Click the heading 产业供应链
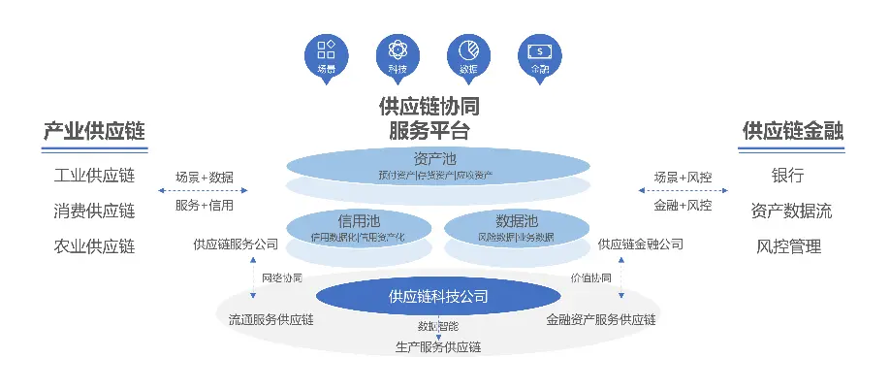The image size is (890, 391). (94, 131)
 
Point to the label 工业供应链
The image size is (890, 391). (94, 177)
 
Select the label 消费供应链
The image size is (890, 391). (94, 211)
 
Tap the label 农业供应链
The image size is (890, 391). (94, 245)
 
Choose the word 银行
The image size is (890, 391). (787, 177)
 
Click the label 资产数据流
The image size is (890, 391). (791, 211)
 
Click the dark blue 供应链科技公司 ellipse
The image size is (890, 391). (437, 296)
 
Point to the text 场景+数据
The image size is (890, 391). (205, 179)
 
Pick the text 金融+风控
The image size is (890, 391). (683, 206)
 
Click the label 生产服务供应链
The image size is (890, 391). (438, 346)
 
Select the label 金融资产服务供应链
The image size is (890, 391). (602, 319)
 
